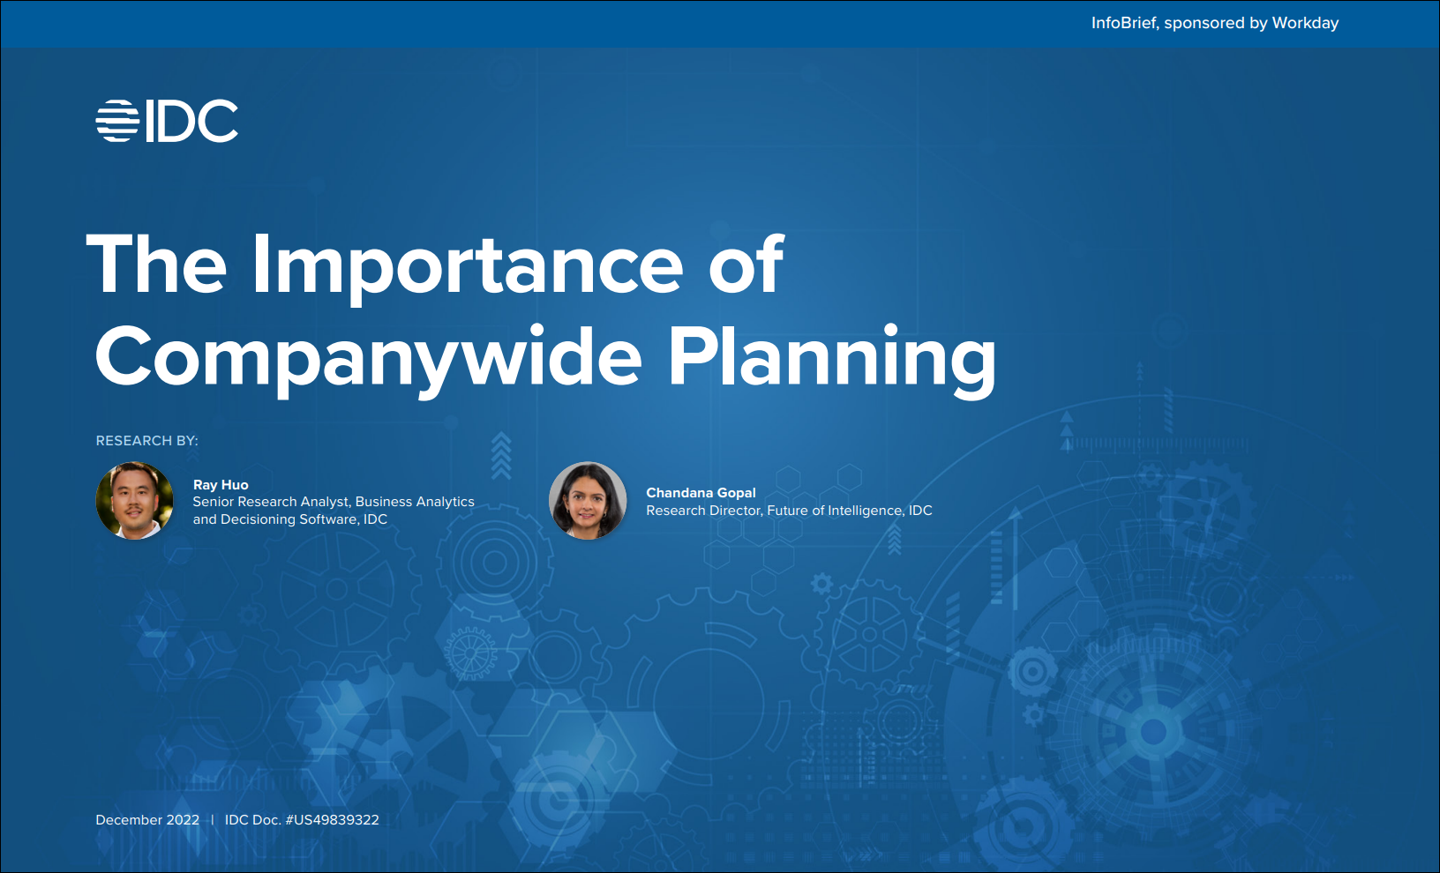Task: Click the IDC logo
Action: click(167, 121)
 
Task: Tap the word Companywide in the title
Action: click(368, 356)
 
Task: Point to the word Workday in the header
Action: click(1305, 23)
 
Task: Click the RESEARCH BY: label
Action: click(146, 441)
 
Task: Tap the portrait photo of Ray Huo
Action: click(134, 500)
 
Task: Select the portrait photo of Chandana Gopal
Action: click(588, 500)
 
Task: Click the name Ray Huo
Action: click(221, 485)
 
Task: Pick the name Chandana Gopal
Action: click(701, 493)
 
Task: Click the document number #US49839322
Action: click(333, 820)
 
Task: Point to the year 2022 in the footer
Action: click(184, 820)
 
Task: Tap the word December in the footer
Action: click(129, 820)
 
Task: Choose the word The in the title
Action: click(156, 264)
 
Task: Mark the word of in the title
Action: click(746, 264)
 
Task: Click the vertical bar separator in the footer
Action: click(212, 820)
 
